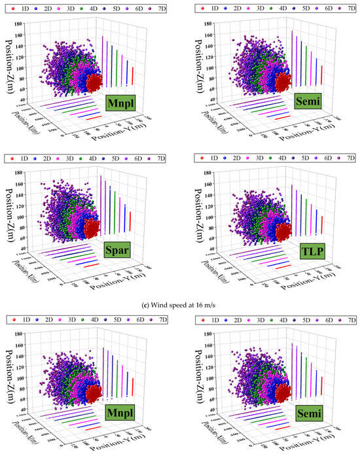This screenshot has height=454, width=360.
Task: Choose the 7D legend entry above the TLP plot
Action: coord(342,158)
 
